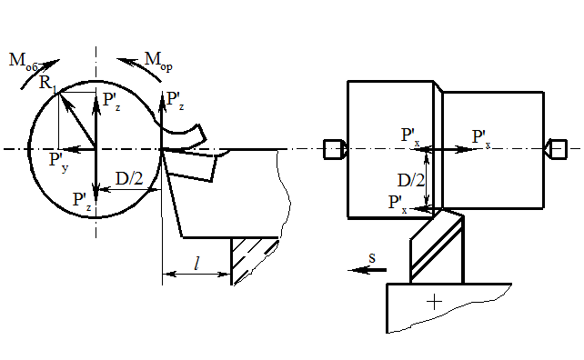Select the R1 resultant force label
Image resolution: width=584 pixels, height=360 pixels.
tap(48, 84)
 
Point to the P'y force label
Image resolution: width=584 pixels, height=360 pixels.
tap(59, 163)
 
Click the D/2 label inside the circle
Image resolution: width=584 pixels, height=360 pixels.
tap(129, 179)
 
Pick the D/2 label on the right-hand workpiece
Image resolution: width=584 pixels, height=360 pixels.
tap(411, 181)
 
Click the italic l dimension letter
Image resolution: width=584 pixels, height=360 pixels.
tap(196, 264)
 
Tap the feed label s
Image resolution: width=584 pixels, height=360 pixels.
tap(372, 257)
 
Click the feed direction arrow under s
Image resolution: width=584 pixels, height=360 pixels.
tap(368, 270)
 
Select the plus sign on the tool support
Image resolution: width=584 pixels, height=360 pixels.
tap(434, 302)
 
